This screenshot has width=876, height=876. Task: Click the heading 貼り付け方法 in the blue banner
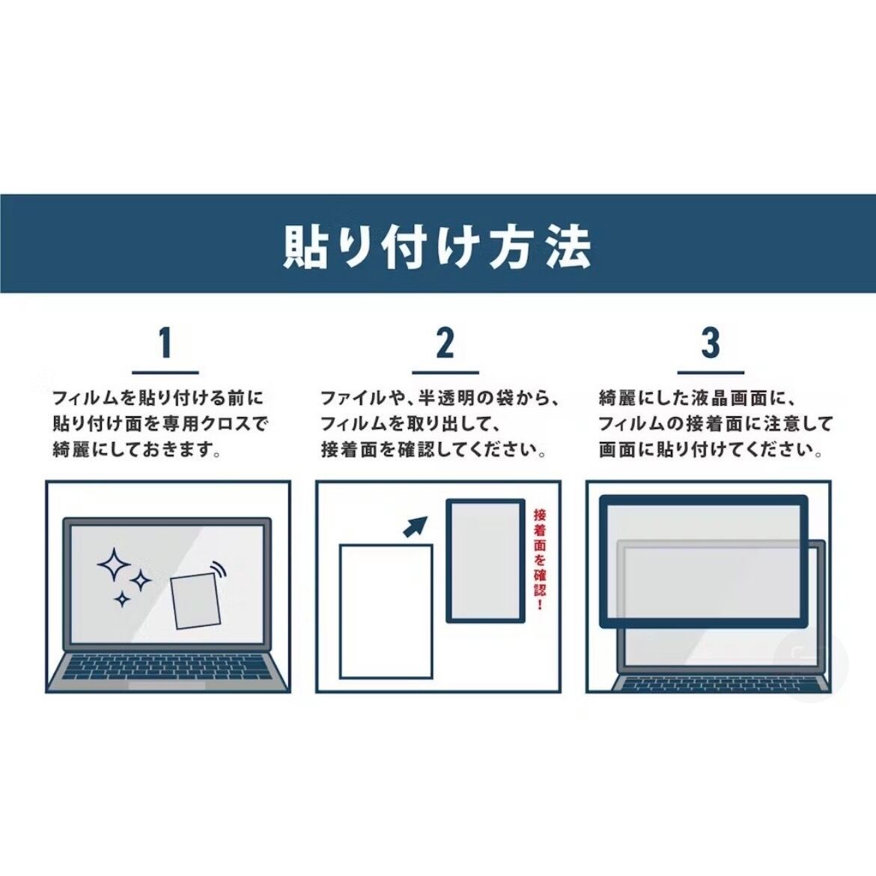point(437,246)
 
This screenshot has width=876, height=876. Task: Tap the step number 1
point(165,342)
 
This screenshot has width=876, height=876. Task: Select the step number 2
point(445,342)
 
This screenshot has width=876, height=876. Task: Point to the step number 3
point(710,342)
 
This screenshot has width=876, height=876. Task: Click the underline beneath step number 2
point(445,372)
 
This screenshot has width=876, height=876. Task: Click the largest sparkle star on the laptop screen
point(114,565)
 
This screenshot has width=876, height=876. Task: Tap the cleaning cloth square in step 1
point(195,600)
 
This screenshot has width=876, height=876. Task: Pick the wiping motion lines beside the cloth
point(219,570)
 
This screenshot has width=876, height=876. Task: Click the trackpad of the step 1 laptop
point(166,686)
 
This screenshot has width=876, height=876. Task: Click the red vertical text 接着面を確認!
point(539,559)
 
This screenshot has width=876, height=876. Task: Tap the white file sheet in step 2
point(386,612)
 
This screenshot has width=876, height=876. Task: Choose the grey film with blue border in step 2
point(485,560)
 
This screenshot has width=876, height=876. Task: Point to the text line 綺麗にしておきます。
point(137,449)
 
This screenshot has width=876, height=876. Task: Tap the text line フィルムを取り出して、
point(410,424)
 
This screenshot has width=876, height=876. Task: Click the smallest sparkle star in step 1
point(122,600)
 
